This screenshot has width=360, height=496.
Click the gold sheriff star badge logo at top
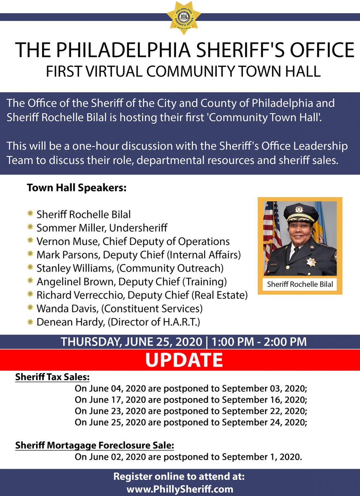click(x=184, y=17)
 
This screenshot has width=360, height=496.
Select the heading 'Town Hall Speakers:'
click(x=77, y=188)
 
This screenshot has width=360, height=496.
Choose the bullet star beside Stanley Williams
click(x=30, y=267)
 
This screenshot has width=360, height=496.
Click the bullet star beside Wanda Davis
click(x=30, y=308)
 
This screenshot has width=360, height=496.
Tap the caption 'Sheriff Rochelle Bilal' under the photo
click(x=300, y=284)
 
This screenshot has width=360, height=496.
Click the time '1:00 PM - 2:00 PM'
click(x=259, y=342)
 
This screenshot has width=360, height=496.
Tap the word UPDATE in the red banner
click(x=184, y=360)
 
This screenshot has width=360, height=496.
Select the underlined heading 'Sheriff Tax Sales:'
click(x=52, y=377)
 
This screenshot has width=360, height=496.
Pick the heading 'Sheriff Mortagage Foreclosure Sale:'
click(x=95, y=446)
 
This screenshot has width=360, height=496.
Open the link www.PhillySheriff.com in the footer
click(x=180, y=489)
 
